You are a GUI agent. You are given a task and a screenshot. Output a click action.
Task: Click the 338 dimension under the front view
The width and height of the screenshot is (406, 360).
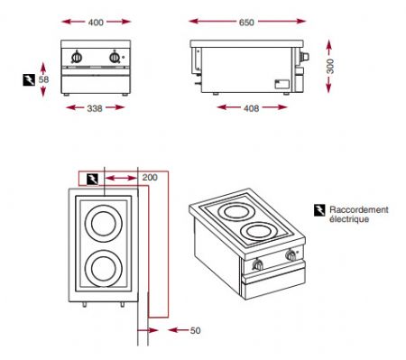click(x=94, y=108)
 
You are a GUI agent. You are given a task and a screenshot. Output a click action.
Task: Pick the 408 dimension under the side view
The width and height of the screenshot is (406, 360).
click(x=252, y=108)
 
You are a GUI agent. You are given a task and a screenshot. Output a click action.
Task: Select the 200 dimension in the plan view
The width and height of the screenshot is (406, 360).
click(x=151, y=178)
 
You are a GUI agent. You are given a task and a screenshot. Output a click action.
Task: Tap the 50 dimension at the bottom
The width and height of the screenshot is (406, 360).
click(x=195, y=331)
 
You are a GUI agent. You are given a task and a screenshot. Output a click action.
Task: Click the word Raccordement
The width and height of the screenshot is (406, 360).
click(x=359, y=209)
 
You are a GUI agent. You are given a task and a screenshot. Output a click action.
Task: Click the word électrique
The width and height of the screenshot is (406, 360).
click(x=349, y=219)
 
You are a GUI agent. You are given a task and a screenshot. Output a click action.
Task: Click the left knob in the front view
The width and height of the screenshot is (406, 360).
click(x=77, y=59)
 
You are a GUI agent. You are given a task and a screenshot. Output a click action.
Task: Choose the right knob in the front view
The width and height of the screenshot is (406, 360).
click(x=114, y=59)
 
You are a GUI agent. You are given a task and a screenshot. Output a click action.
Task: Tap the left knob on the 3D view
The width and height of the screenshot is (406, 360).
click(x=261, y=266)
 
